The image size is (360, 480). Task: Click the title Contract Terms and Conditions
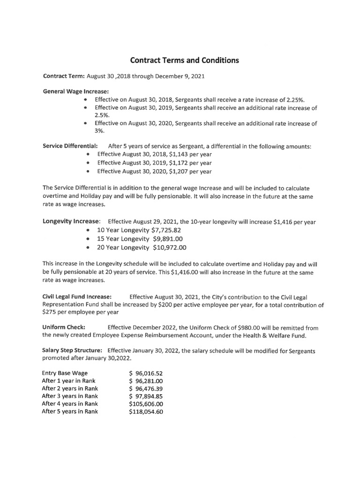pos(184,60)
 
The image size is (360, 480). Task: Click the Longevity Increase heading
pos(71,221)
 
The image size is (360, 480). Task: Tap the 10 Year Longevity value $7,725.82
pos(166,230)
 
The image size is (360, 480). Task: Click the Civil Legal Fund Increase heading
pos(77,297)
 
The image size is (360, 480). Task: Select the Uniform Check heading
pos(63,327)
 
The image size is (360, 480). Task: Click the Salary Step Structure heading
pos(72,351)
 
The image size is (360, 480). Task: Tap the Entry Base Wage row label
pos(65,373)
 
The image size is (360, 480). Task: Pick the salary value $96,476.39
pos(146,389)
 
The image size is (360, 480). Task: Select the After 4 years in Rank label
pos(70,404)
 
